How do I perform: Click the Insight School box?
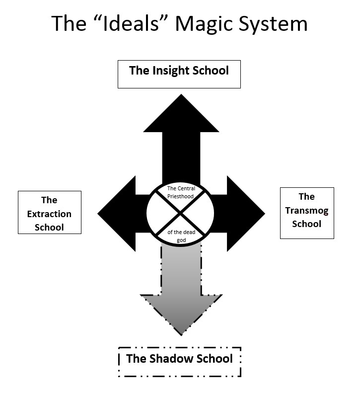(179, 74)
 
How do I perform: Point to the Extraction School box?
(49, 213)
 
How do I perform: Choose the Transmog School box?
(307, 213)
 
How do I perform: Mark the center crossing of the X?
(180, 213)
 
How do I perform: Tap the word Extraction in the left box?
(49, 214)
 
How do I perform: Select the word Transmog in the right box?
(306, 210)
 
